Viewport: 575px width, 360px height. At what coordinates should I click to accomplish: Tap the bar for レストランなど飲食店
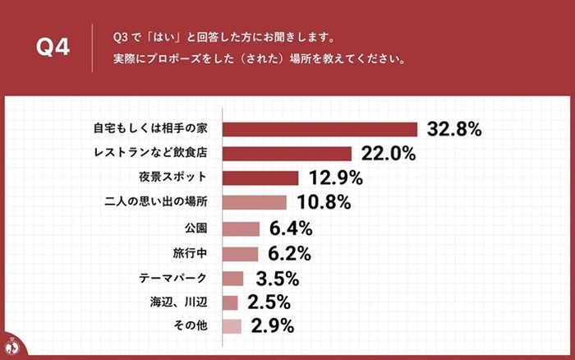[287, 154]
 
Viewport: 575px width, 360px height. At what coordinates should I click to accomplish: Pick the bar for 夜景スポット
[260, 178]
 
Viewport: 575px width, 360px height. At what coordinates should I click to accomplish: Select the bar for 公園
[241, 228]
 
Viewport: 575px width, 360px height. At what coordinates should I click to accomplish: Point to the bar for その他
[232, 326]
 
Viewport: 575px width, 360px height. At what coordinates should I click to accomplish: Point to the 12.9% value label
[333, 178]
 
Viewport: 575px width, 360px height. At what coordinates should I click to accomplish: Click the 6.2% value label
[287, 253]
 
